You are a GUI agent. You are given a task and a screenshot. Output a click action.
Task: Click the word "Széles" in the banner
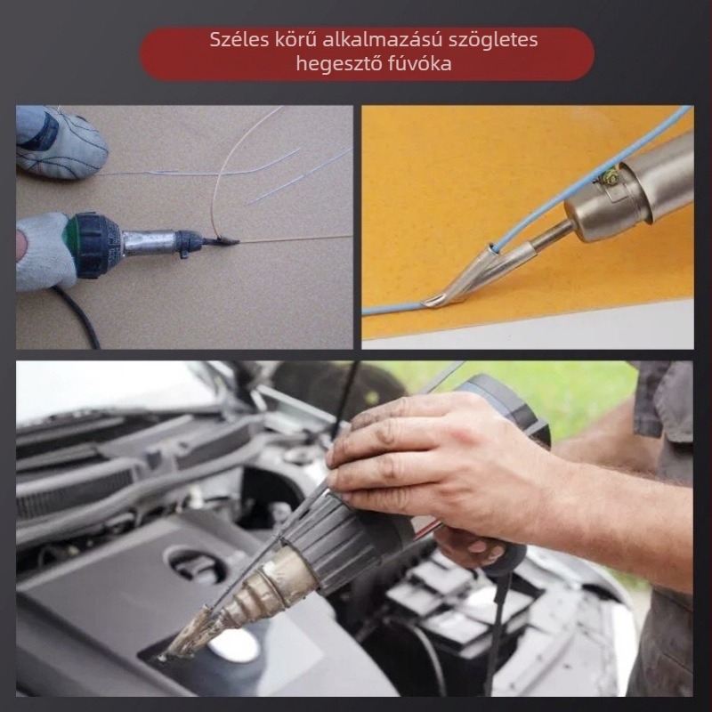[239, 40]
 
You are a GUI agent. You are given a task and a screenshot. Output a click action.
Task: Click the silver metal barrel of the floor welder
[149, 243]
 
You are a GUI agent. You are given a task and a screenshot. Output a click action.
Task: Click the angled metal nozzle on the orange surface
[473, 275]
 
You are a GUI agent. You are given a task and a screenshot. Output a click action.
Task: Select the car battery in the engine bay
[458, 604]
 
